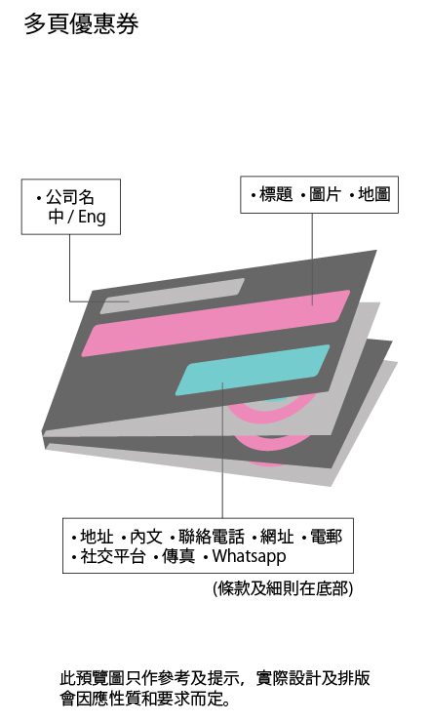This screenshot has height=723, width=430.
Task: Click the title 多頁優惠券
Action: click(81, 23)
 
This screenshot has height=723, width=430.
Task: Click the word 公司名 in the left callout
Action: click(70, 197)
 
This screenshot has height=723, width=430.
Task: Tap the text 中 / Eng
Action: click(77, 217)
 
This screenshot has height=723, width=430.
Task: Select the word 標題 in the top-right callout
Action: click(276, 194)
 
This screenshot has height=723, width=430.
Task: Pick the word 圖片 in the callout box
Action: click(325, 194)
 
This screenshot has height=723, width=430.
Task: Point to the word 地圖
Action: click(374, 194)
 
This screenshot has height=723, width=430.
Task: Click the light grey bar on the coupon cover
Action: click(173, 296)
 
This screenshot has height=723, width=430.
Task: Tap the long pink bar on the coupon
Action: click(215, 323)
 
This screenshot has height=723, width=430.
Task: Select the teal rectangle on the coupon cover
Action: click(253, 370)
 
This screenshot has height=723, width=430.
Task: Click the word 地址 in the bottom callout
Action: click(97, 537)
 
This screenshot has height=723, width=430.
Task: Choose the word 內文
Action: click(146, 537)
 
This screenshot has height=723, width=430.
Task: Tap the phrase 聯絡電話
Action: click(212, 537)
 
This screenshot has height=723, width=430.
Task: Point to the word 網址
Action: click(277, 537)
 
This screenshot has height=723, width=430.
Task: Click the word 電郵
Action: click(327, 537)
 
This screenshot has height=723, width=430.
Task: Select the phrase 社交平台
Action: click(113, 556)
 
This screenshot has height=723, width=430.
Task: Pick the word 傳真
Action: click(178, 556)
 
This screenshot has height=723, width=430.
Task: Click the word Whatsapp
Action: click(249, 556)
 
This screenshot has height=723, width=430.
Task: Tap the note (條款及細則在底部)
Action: click(283, 588)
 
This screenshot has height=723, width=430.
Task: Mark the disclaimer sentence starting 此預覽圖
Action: click(215, 689)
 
